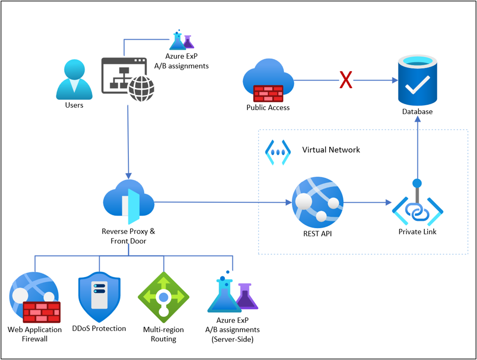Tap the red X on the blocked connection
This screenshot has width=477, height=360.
pos(346,80)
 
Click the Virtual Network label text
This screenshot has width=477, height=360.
pos(331,149)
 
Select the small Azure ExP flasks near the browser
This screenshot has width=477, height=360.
pos(181,40)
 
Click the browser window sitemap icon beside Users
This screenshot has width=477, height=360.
pos(127,77)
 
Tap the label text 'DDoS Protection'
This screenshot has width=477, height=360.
pos(99,329)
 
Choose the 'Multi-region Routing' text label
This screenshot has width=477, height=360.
pos(163,334)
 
